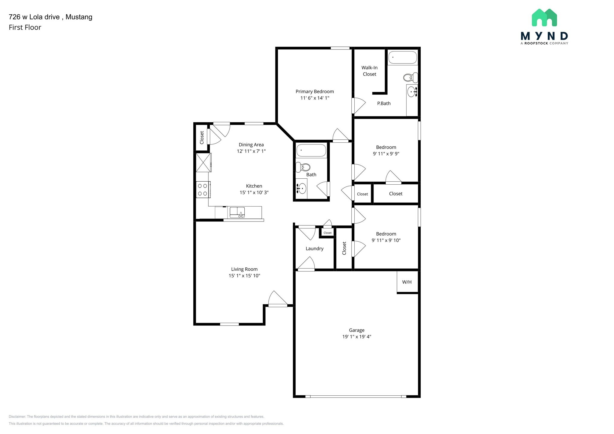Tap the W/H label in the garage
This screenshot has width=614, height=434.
click(x=407, y=282)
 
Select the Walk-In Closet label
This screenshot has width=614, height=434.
click(x=369, y=71)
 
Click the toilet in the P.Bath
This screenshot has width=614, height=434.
click(x=410, y=78)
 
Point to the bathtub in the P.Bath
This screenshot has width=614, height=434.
click(x=402, y=57)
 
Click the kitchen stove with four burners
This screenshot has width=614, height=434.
click(x=203, y=190)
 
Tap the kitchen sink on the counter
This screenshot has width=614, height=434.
click(x=237, y=212)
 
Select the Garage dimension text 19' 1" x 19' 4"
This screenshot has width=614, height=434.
click(x=356, y=337)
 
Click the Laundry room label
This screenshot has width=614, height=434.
click(x=314, y=248)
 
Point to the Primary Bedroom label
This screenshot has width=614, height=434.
click(x=314, y=91)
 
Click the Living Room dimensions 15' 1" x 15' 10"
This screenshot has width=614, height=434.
click(x=244, y=276)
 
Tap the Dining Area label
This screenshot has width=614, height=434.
click(x=251, y=145)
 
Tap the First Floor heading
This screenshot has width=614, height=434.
click(x=25, y=28)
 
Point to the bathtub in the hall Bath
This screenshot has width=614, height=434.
click(x=311, y=150)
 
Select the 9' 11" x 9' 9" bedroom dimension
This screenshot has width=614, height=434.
click(x=386, y=154)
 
